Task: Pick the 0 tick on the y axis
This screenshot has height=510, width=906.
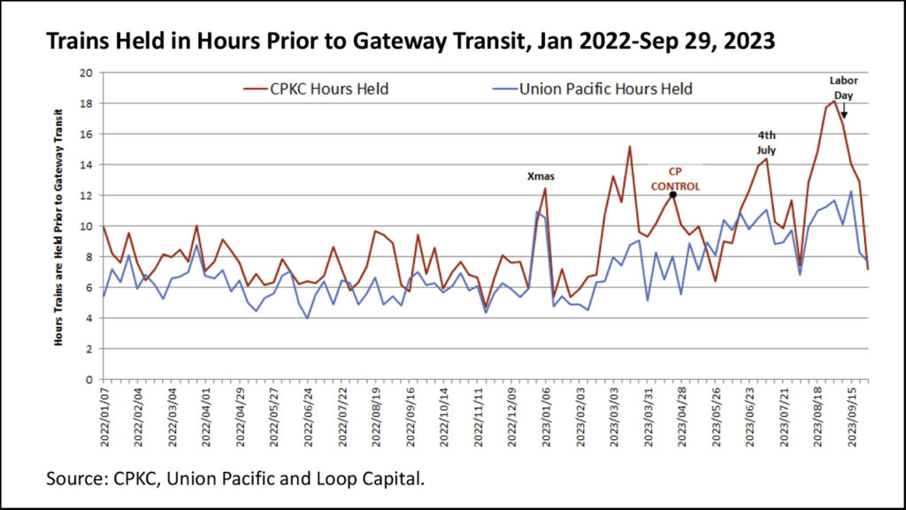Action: (88, 379)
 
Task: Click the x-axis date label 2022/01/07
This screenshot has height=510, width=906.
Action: (104, 416)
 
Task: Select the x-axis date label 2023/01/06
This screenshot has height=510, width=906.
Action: (546, 416)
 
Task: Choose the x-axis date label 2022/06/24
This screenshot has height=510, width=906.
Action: (309, 416)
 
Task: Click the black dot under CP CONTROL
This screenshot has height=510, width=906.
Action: (673, 195)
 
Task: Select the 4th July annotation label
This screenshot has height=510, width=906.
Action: (766, 143)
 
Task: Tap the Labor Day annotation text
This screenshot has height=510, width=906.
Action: (843, 87)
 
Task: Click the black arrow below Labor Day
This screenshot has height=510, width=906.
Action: (844, 112)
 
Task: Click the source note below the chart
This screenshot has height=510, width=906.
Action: (235, 479)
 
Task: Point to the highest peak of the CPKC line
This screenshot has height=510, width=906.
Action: (833, 101)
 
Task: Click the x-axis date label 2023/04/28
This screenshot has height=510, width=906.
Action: (682, 416)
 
